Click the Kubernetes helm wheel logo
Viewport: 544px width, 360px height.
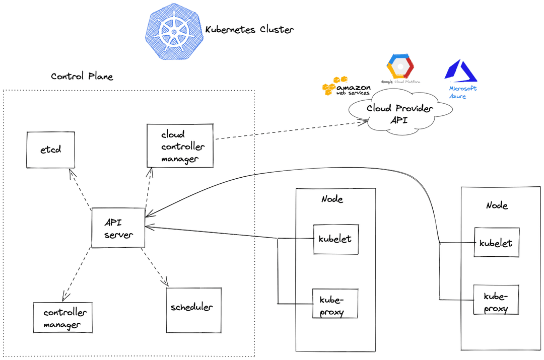pos(173,31)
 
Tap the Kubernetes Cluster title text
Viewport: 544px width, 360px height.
pos(249,30)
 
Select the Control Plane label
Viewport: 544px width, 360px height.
pos(82,77)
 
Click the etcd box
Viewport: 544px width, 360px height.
pos(50,150)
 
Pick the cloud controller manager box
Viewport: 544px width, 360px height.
pos(180,146)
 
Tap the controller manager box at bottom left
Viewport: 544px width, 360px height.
pos(63,318)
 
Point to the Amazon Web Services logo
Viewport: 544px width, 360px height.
pos(346,87)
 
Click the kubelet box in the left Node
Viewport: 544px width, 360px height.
pos(335,239)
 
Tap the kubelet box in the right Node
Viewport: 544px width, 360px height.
pos(496,243)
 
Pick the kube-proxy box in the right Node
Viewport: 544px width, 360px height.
pos(496,301)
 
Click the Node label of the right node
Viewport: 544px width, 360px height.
pos(497,205)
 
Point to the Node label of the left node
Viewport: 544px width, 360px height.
pos(332,199)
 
